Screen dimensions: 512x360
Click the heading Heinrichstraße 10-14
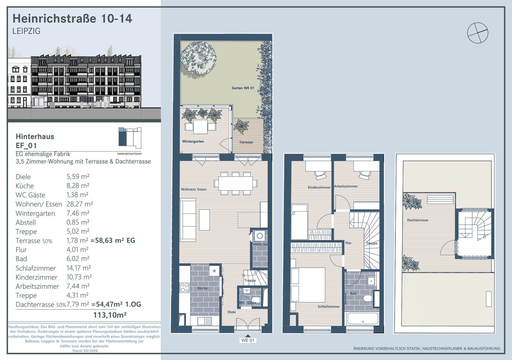point(72,18)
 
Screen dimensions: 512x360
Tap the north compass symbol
point(478,33)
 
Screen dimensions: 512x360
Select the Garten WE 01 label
point(243,88)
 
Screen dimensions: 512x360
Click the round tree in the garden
point(198,58)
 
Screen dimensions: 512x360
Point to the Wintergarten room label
point(193,141)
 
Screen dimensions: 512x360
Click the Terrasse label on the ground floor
point(246,142)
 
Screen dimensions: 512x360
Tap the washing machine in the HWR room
point(260,236)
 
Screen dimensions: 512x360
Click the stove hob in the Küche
point(185,288)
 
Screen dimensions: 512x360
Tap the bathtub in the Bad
point(363,319)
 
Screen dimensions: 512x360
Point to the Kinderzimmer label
point(319,187)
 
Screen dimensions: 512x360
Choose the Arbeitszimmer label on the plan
point(346,186)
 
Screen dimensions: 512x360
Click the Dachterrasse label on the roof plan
point(417,220)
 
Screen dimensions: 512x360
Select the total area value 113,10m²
point(110,315)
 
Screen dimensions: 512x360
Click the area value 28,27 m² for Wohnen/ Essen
point(80,204)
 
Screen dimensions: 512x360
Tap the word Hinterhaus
point(35,136)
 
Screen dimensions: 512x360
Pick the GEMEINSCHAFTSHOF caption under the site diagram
point(129,154)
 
